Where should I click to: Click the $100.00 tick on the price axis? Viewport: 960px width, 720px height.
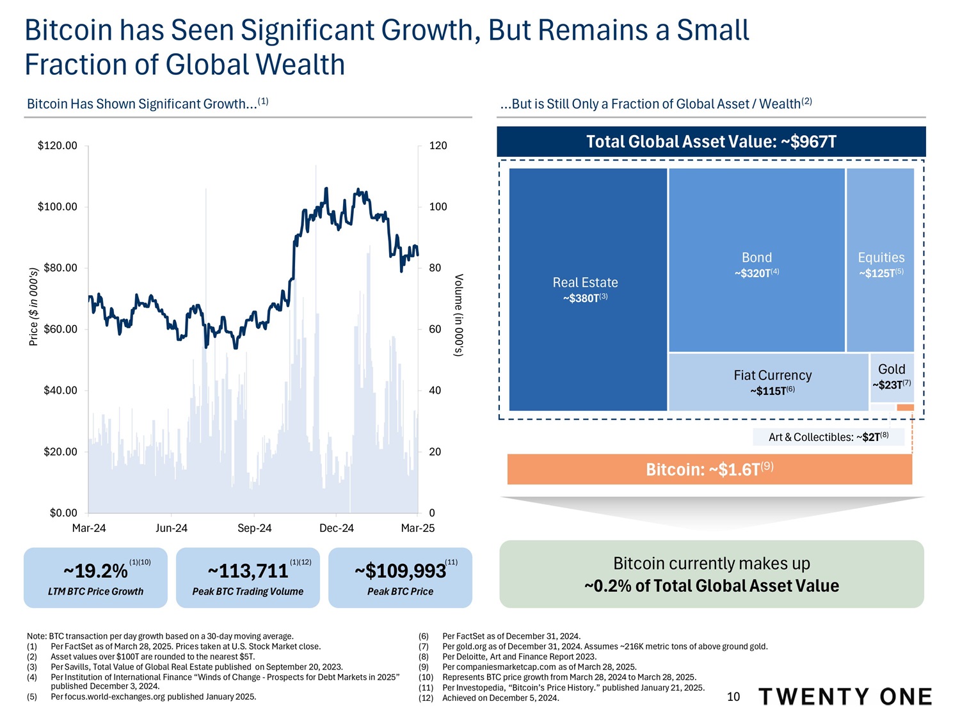coord(58,207)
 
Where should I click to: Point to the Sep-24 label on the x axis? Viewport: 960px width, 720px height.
coord(254,528)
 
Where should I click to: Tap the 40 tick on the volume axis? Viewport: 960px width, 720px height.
coord(435,390)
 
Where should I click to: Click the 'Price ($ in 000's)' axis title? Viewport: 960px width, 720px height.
coord(34,307)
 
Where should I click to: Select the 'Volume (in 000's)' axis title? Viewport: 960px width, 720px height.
coord(458,315)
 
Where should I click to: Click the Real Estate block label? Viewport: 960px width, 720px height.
coord(585,282)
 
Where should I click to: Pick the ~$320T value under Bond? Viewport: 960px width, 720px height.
coord(756,273)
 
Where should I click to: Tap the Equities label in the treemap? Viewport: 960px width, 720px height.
coord(881,257)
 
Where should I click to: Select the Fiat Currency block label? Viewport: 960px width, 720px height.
coord(772,375)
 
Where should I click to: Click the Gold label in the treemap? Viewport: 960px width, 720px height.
coord(892,369)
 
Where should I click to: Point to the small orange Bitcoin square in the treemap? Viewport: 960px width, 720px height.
coord(906,408)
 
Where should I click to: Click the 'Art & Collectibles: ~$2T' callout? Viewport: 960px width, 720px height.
coord(828,437)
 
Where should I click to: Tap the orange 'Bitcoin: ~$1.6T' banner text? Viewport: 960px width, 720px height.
coord(709,470)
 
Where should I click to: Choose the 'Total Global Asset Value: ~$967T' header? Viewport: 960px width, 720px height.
coord(711,141)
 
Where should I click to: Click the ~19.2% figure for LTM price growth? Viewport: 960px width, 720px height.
coord(95,570)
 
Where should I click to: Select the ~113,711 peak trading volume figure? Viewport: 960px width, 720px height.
coord(248,570)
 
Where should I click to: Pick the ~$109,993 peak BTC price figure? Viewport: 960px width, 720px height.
coord(400,570)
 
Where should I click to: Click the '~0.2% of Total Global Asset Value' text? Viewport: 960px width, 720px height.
coord(711,586)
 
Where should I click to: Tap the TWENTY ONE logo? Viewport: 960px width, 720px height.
coord(845,696)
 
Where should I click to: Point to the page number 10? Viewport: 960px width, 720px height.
coord(733,697)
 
